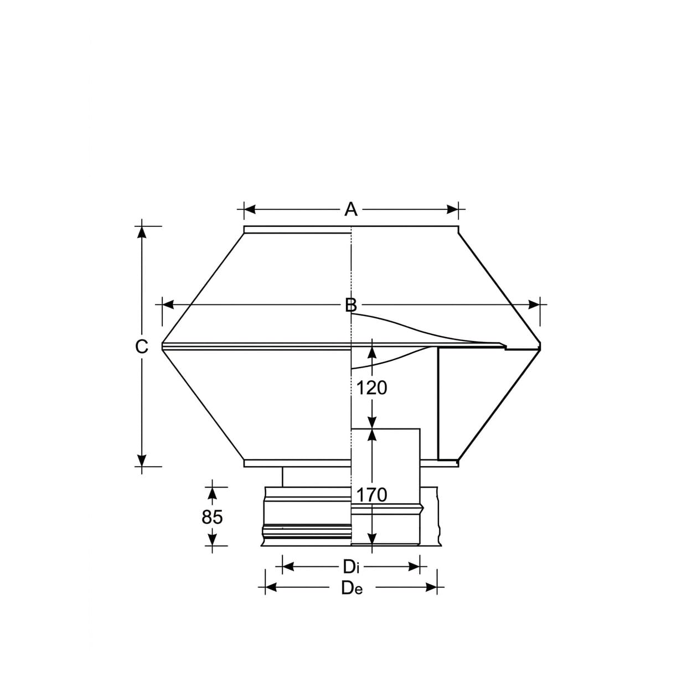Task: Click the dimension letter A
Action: point(351,209)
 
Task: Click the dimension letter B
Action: point(351,305)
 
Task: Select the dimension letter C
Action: point(142,347)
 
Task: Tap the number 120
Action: point(371,388)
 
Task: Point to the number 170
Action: point(371,495)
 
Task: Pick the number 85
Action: point(212,517)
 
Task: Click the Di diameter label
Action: point(351,567)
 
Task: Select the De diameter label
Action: point(352,588)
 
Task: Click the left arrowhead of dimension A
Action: point(250,209)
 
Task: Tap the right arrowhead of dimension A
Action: point(452,209)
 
